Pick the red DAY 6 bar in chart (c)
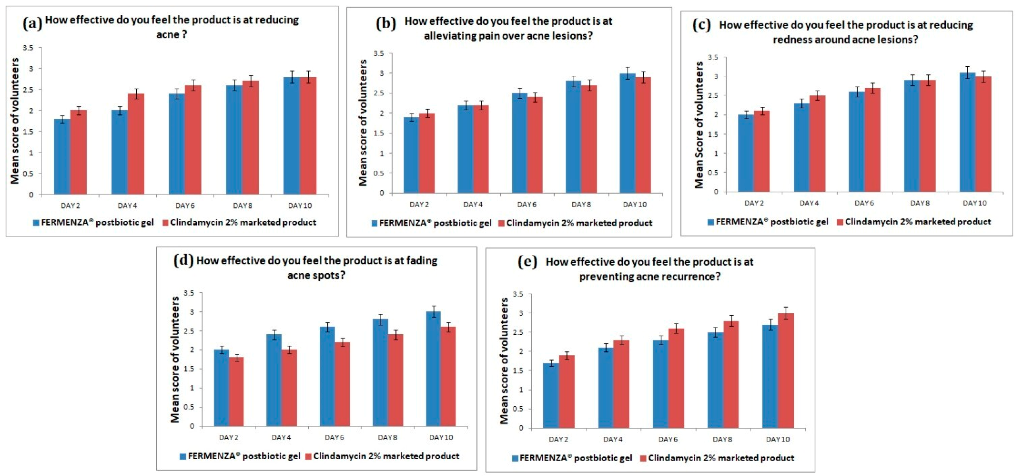pos(872,140)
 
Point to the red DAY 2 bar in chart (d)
pos(236,392)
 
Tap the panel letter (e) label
pos(527,262)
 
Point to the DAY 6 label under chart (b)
pos(527,204)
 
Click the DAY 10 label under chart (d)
pos(441,438)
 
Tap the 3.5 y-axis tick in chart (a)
pos(28,48)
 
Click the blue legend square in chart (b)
pos(375,223)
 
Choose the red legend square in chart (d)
pos(309,457)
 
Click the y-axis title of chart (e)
pos(504,361)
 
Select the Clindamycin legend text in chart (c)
pos(918,222)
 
